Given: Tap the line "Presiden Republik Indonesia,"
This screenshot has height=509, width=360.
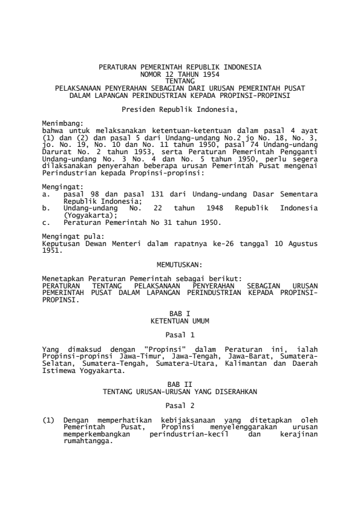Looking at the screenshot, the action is (x=180, y=109).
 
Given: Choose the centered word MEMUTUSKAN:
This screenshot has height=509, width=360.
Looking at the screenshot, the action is (x=180, y=265).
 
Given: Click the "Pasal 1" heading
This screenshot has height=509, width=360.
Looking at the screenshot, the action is (x=180, y=334).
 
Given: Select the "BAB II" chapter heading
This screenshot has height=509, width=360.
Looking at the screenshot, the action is (x=180, y=385).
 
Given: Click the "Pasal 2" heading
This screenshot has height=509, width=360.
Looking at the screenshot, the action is (x=180, y=405).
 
